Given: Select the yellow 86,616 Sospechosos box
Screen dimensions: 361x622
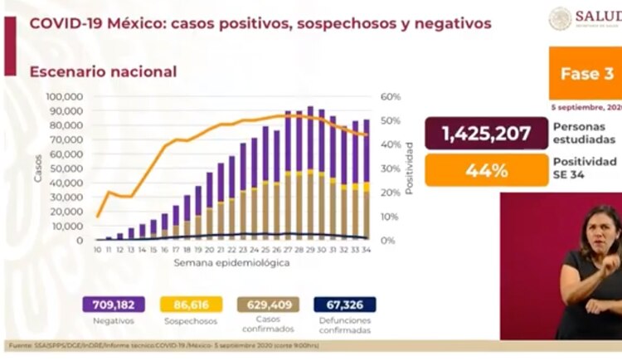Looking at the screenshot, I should click(187, 305).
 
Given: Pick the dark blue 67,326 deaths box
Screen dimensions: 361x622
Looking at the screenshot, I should click(345, 305).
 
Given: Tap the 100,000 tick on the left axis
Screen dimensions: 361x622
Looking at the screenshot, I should click(63, 96).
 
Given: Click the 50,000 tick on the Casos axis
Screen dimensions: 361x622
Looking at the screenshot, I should click(66, 168).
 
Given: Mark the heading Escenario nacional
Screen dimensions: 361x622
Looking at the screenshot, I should click(103, 71).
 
